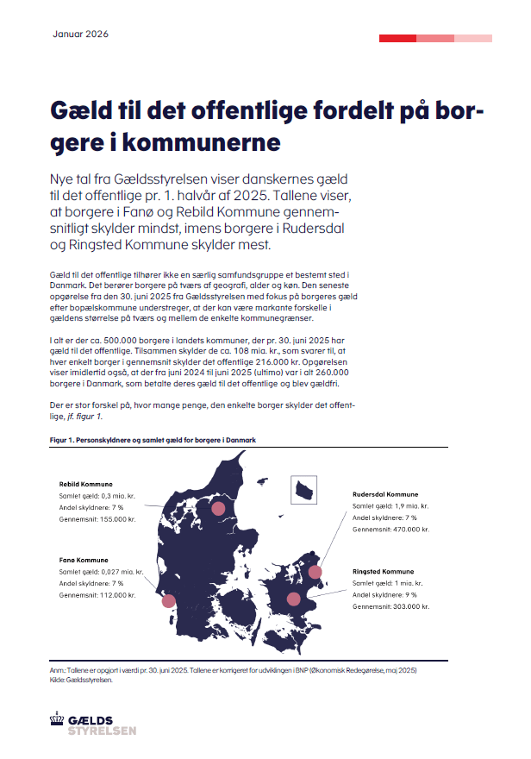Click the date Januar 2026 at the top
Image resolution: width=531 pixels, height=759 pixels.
pos(80,34)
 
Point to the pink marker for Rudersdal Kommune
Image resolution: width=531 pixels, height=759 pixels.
pos(315,571)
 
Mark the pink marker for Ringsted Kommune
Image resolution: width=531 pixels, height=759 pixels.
pos(294,599)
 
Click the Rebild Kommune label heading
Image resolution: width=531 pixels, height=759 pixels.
pos(85,484)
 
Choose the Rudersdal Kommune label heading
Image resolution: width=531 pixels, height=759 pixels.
pos(385,494)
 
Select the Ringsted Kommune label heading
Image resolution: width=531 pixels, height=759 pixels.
pos(383,572)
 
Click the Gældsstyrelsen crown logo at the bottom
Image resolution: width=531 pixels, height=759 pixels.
pos(59,723)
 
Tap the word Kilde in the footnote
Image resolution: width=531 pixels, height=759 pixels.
pos(59,680)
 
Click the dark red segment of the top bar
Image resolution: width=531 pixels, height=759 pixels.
pos(398,38)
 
